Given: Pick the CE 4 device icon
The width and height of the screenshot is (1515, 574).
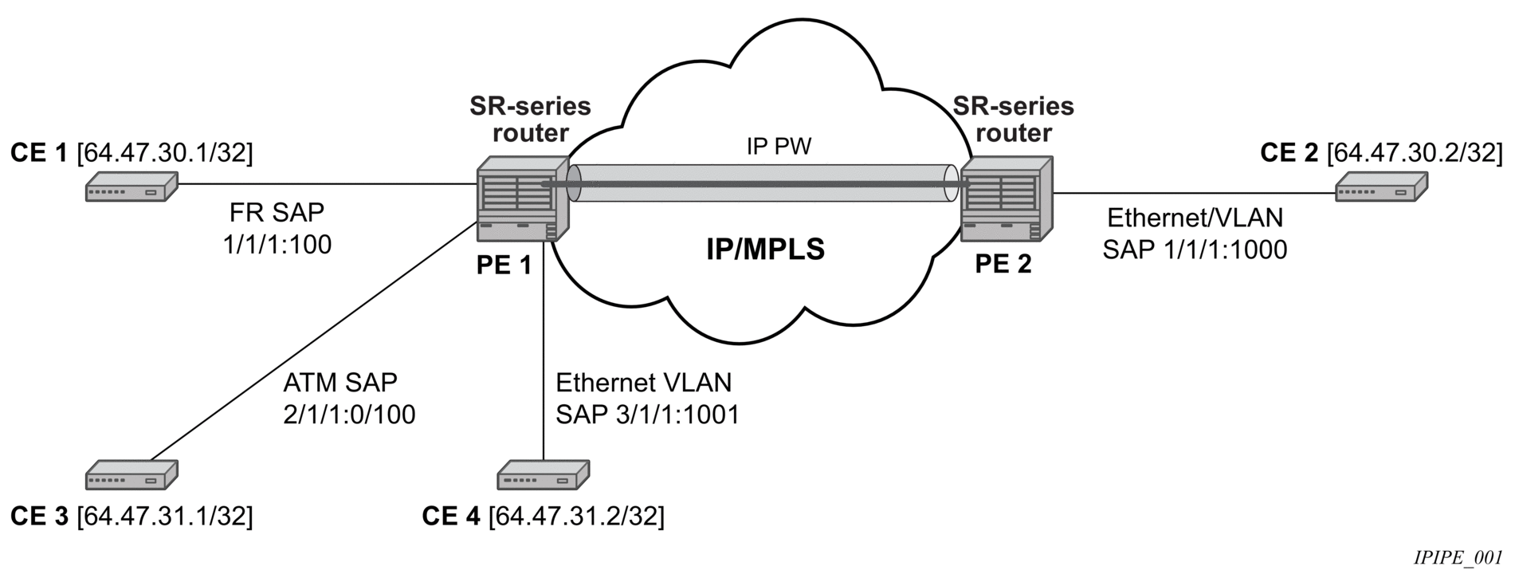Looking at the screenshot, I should (544, 475).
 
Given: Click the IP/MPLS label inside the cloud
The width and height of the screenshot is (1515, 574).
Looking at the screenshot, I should (765, 250).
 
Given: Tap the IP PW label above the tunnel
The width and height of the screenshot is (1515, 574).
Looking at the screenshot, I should (768, 147).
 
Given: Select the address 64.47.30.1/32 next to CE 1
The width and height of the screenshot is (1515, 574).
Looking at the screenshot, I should (164, 153).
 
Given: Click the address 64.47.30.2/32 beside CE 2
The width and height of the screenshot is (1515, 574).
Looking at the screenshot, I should (1415, 153).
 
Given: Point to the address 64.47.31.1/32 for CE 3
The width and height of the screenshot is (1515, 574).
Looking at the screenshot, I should (164, 517).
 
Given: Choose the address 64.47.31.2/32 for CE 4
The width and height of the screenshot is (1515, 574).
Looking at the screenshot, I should (576, 517).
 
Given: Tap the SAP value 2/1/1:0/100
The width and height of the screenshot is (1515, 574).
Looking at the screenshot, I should (349, 415).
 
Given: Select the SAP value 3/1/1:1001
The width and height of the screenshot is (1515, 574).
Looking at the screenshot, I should (647, 415).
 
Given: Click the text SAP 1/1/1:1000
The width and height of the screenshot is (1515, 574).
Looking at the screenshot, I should (1195, 250).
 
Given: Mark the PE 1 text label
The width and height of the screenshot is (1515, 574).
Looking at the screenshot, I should (504, 265).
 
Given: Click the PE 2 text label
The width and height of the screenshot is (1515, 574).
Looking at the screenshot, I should (1003, 264).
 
